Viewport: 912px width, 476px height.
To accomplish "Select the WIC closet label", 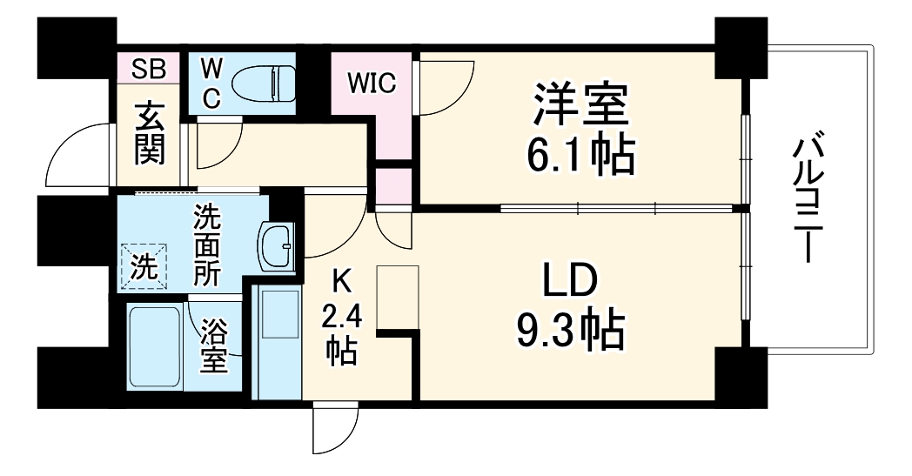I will tap(372, 84).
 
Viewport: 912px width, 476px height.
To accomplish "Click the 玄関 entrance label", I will tap(149, 132).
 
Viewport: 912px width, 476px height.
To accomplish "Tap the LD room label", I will tap(569, 280).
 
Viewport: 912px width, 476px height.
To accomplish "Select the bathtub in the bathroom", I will tap(155, 347).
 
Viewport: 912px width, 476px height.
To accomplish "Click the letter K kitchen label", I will tap(342, 281).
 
